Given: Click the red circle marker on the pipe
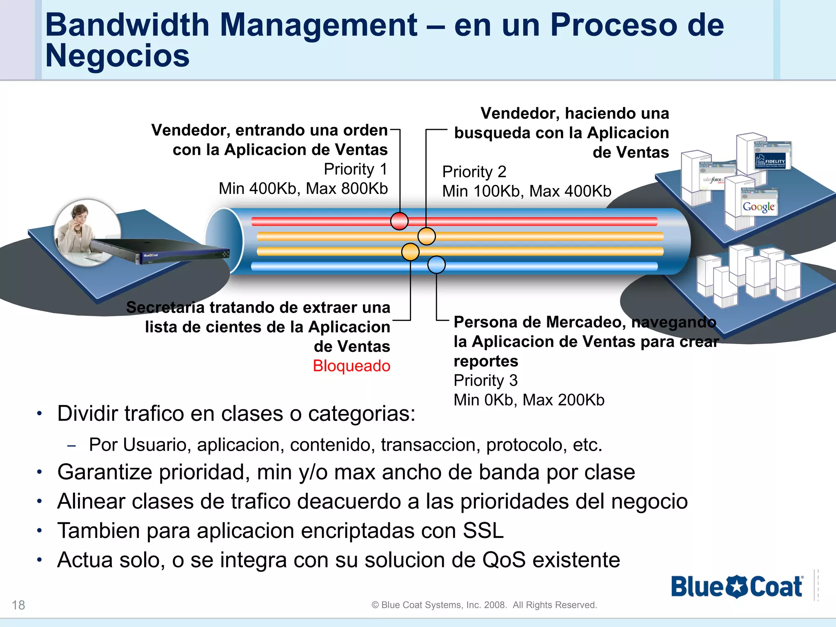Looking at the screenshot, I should [x=399, y=221].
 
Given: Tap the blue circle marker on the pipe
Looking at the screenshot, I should [x=436, y=265].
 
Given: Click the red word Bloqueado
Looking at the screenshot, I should [x=351, y=366].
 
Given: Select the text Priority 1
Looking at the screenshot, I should [x=356, y=169].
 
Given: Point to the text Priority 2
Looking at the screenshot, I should [x=474, y=172].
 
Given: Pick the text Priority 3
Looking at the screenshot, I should [x=485, y=380].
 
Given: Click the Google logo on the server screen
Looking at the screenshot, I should [x=758, y=207].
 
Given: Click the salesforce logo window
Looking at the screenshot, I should [x=712, y=180].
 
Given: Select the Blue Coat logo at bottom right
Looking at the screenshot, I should [x=737, y=587].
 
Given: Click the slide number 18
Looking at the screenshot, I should [x=18, y=605].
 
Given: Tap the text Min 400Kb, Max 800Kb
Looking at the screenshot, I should [x=303, y=189].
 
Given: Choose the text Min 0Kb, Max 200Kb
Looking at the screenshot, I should [x=529, y=400].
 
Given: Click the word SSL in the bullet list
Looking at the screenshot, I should [x=483, y=531].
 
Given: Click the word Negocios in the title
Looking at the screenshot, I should [x=118, y=56].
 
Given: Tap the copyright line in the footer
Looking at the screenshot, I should [x=484, y=605].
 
